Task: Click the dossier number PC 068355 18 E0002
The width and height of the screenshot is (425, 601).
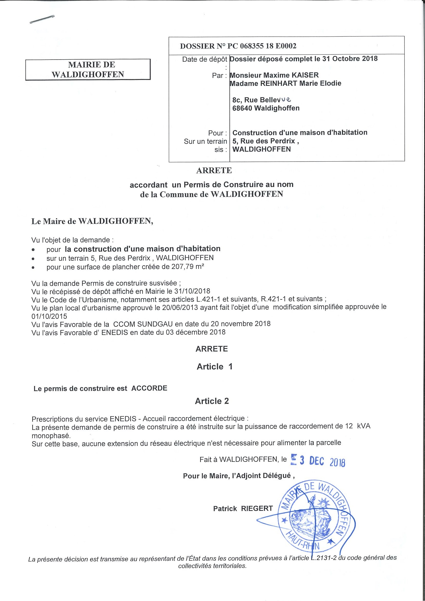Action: [x=262, y=46]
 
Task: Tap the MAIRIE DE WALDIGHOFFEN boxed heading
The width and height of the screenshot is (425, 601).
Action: [x=88, y=70]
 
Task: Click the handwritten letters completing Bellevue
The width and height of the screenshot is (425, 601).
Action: [x=286, y=99]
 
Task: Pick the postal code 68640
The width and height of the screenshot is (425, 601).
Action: [x=242, y=108]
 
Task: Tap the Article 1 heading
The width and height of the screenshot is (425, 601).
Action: [x=215, y=367]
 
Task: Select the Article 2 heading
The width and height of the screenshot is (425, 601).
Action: [x=212, y=401]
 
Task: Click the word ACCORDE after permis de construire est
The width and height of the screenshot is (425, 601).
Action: [x=149, y=388]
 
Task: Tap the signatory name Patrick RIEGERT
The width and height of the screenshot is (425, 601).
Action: [x=243, y=509]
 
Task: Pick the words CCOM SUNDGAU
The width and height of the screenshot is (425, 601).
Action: [x=143, y=324]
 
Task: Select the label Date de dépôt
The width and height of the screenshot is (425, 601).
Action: [x=205, y=60]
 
